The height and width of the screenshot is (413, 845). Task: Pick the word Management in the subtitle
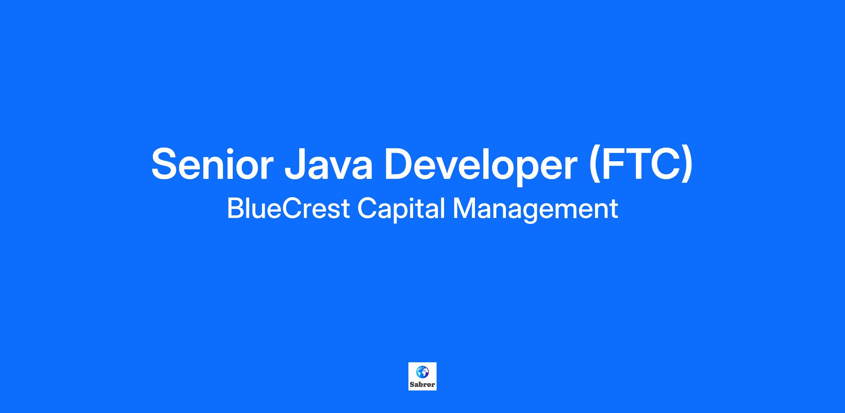click(x=535, y=209)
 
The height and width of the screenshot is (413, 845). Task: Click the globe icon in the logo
click(x=423, y=371)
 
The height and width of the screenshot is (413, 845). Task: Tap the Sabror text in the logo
click(x=423, y=384)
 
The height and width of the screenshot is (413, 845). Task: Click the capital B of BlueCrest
click(x=236, y=208)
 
